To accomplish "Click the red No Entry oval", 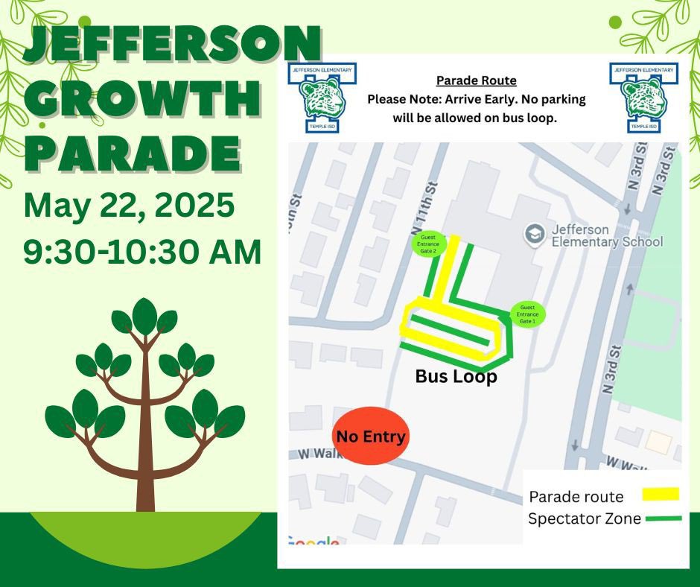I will (x=370, y=436).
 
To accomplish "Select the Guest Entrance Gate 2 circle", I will (x=428, y=244).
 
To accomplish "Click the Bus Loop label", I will (x=456, y=377).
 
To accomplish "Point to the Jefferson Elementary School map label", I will (x=607, y=235).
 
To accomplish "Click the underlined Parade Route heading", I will (x=476, y=80).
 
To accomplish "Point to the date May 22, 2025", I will (x=129, y=205).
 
